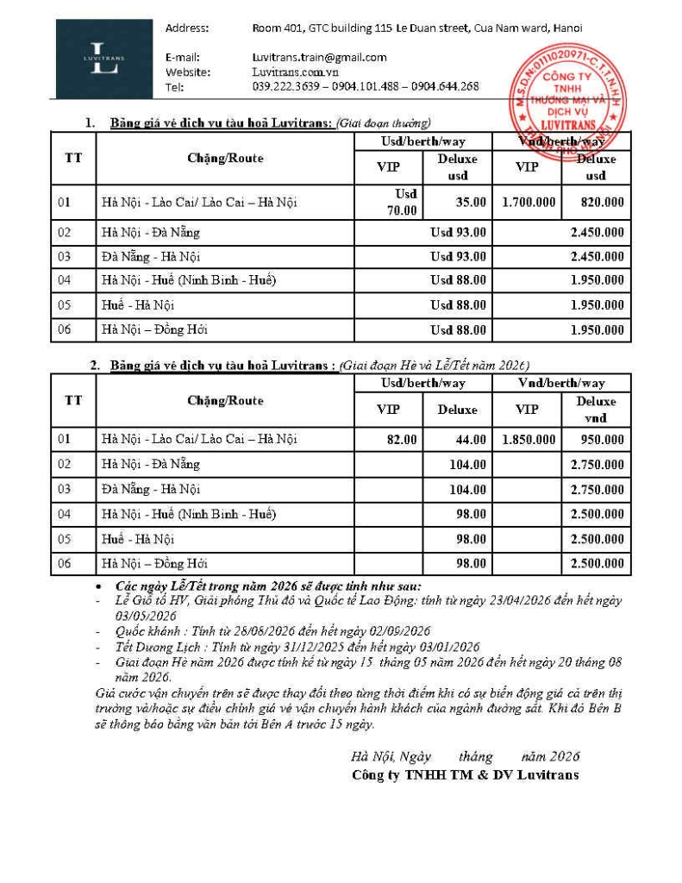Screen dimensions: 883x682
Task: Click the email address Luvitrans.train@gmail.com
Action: [x=319, y=57]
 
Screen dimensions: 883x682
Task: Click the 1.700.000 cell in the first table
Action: [x=527, y=203]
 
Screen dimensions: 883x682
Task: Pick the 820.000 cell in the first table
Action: [x=597, y=203]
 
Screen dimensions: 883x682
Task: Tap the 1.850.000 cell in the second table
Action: [x=527, y=439]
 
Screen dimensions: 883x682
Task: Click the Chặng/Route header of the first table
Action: [x=225, y=158]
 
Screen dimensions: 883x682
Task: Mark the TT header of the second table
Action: [x=73, y=400]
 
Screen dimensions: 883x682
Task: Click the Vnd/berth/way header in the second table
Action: [x=561, y=383]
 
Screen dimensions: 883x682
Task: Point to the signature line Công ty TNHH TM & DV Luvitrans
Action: [x=466, y=774]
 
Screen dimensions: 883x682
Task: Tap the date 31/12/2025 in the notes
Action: [x=276, y=647]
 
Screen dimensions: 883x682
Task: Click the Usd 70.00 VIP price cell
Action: [x=405, y=203]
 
